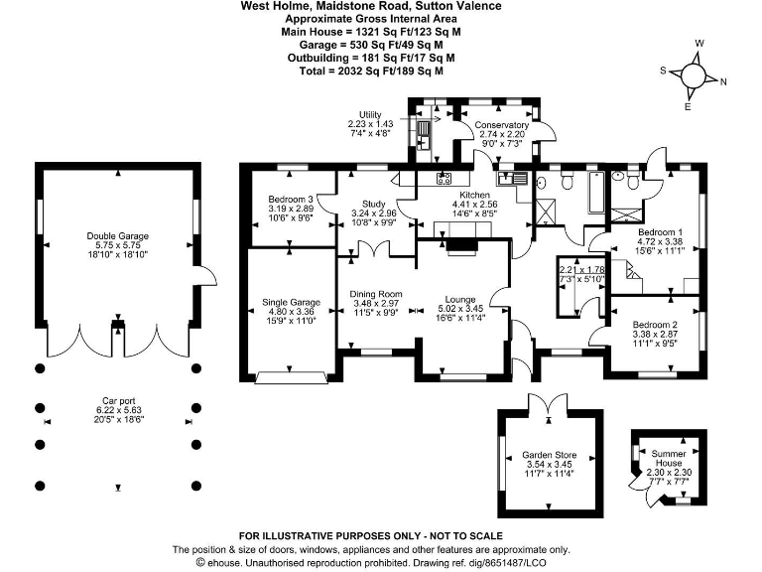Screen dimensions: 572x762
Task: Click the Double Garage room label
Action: [x=117, y=236]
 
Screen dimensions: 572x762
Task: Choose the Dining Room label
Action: [x=375, y=294]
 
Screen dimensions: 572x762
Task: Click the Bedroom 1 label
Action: [x=659, y=231]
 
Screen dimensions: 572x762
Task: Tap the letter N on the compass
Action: [x=723, y=82]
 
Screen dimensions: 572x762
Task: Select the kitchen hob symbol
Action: [x=444, y=179]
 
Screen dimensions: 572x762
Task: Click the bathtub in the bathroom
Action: [x=592, y=192]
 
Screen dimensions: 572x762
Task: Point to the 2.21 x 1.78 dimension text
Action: [x=581, y=269]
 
